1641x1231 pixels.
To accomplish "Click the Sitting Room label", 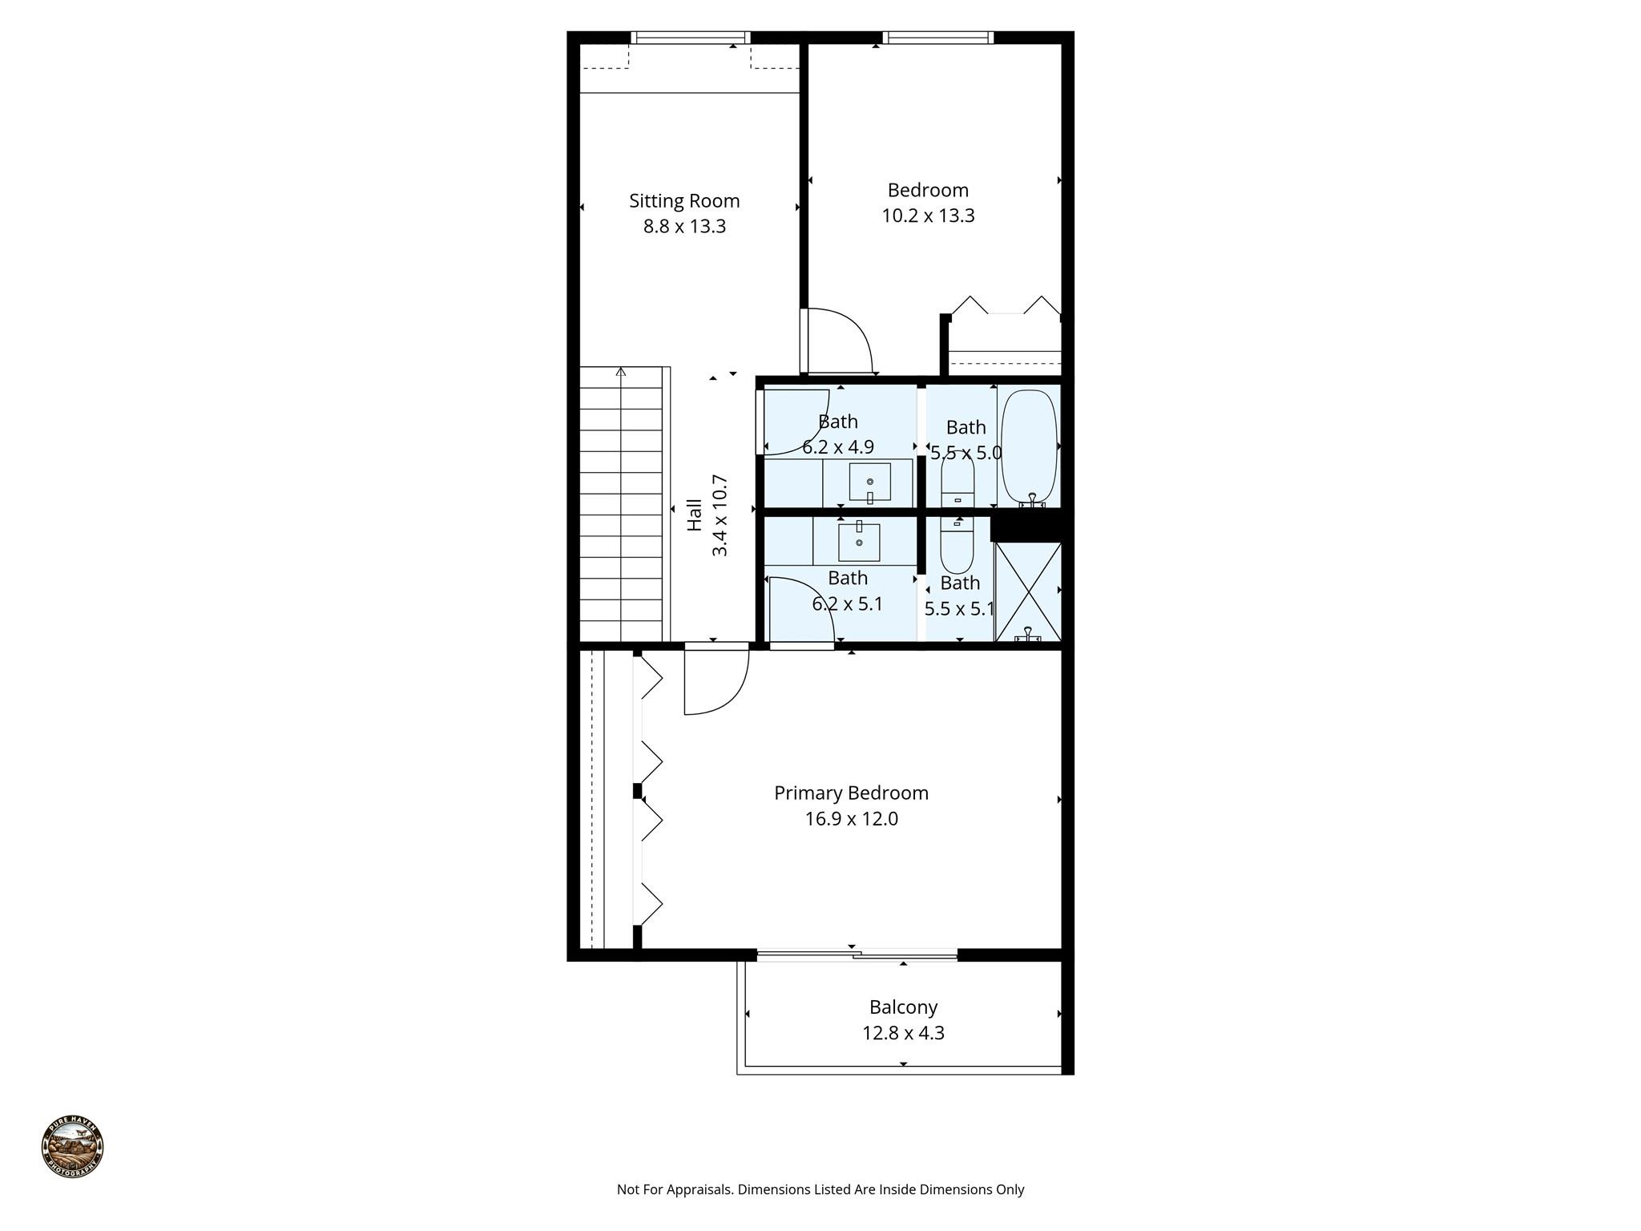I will [x=683, y=200].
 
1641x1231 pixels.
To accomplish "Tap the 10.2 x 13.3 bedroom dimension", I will [x=928, y=216].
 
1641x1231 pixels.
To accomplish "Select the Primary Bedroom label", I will [x=851, y=793].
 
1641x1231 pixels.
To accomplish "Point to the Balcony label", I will [x=903, y=1007].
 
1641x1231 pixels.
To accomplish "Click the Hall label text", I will [x=695, y=515].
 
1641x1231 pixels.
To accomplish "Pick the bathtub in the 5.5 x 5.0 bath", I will [x=1029, y=446].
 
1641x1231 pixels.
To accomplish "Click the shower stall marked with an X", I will [x=1028, y=591].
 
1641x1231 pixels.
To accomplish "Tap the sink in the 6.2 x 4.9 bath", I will [x=869, y=482].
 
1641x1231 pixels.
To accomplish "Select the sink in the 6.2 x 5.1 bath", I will [x=859, y=542].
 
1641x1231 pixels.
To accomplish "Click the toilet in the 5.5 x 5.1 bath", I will [x=957, y=545].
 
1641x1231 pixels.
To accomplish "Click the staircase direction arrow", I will [x=621, y=372].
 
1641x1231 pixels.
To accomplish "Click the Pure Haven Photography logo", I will [x=72, y=1147].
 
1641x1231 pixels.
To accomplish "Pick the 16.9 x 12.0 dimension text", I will [x=851, y=818].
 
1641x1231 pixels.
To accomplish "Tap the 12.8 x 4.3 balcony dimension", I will [x=903, y=1032].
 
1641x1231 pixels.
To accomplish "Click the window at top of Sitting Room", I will [x=689, y=37].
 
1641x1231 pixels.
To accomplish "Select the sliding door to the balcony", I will [x=857, y=955].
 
